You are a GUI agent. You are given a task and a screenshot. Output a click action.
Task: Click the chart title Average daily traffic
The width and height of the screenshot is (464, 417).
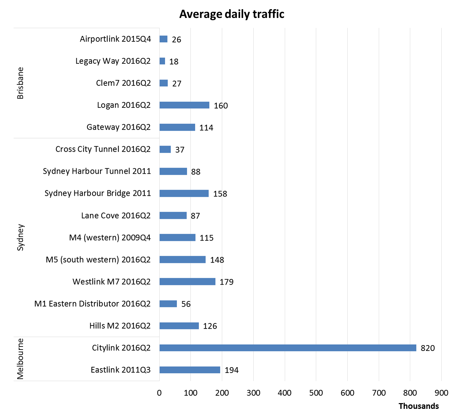(x=232, y=14)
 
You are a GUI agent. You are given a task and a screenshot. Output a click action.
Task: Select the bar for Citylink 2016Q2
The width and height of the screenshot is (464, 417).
(x=288, y=348)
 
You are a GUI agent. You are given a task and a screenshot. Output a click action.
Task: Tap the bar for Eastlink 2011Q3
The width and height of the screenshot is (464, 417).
(x=190, y=370)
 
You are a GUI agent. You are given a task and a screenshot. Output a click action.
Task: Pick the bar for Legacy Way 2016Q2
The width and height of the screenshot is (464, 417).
(x=162, y=61)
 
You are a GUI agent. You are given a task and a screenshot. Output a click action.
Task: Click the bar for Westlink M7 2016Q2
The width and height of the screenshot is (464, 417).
(x=187, y=282)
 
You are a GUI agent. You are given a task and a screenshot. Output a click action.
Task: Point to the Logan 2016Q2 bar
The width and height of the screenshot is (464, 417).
(x=184, y=105)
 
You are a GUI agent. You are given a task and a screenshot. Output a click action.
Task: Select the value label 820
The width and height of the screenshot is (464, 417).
(x=427, y=348)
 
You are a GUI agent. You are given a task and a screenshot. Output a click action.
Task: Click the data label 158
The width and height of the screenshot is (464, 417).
(x=220, y=194)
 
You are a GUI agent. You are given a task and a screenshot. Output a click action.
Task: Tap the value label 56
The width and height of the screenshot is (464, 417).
(x=186, y=304)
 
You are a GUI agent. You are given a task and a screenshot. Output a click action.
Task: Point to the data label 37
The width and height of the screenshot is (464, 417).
(x=180, y=150)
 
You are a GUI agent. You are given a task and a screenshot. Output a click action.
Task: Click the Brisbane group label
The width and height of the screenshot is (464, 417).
(x=20, y=83)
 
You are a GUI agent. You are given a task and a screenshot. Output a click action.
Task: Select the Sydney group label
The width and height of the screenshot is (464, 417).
(x=20, y=237)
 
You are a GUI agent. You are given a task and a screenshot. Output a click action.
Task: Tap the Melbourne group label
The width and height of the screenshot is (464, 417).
(x=20, y=359)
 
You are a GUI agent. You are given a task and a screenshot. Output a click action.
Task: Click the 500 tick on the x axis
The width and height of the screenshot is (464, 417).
(x=316, y=393)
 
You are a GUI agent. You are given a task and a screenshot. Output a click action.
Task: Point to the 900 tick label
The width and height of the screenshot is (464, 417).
(x=441, y=393)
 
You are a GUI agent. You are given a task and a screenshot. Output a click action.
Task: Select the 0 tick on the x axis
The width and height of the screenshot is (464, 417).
(x=159, y=393)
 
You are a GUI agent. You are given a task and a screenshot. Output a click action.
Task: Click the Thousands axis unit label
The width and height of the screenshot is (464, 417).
(x=418, y=406)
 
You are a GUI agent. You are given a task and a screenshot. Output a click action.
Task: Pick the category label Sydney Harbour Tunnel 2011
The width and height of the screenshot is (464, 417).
(x=97, y=171)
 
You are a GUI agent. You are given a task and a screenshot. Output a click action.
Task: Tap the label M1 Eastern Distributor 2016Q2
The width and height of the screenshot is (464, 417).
(x=92, y=304)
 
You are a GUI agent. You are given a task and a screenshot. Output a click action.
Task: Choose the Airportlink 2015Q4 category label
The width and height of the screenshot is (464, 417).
(x=115, y=39)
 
